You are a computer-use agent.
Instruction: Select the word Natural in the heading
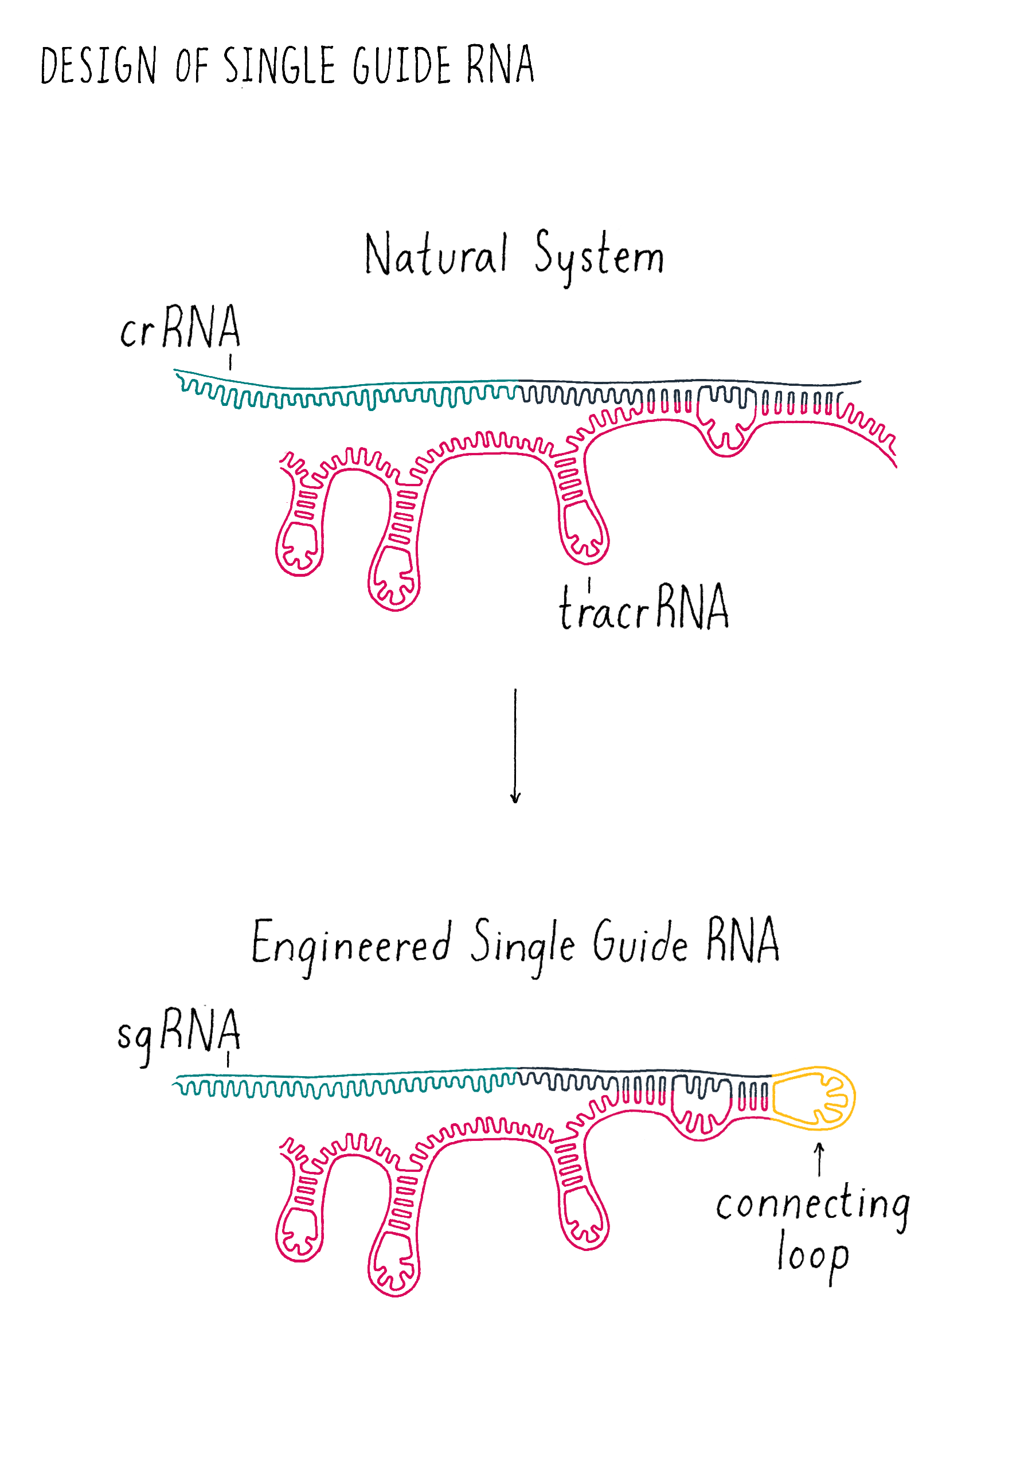tap(436, 255)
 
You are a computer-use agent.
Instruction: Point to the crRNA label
tap(180, 327)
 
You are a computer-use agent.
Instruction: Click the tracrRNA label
tap(644, 608)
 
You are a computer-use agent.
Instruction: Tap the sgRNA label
tap(179, 1032)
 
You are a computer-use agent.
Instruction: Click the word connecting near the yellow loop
tap(812, 1205)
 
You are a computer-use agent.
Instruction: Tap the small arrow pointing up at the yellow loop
tap(819, 1158)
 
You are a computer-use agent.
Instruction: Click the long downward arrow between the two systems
tap(515, 745)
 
